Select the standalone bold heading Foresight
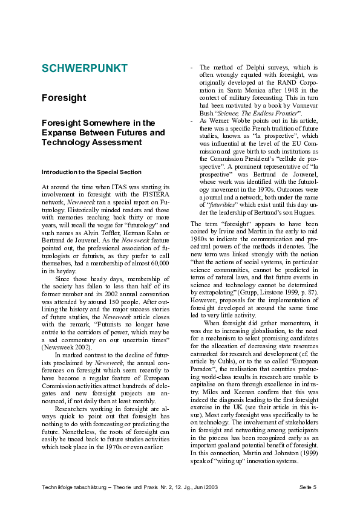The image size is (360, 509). pos(64,98)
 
